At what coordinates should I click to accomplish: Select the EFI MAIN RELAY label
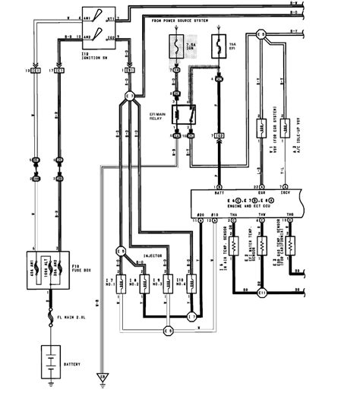click(x=158, y=113)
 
